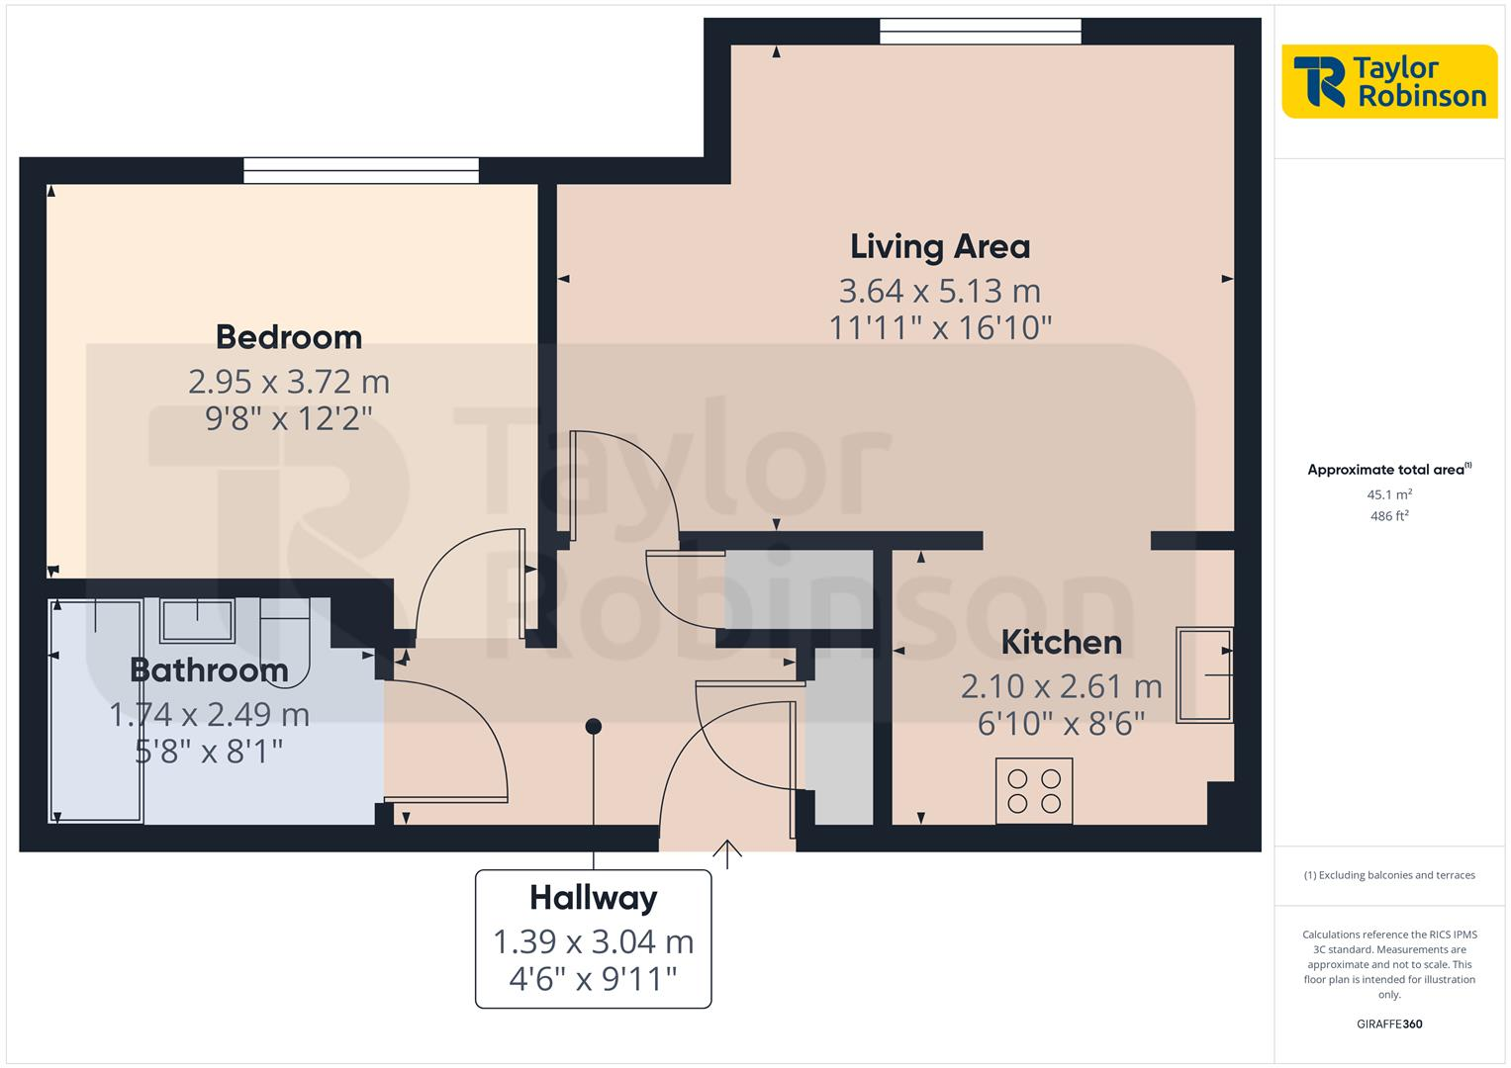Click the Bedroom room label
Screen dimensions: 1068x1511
pos(288,337)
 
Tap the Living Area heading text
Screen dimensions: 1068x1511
pos(939,246)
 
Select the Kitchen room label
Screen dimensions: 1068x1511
pos(1061,643)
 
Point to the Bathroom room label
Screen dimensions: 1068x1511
pos(209,670)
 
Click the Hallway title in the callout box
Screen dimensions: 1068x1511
pos(593,898)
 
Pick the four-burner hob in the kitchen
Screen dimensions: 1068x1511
pos(1033,790)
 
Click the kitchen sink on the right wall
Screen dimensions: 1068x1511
pos(1204,674)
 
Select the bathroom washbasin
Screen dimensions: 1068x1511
pos(198,621)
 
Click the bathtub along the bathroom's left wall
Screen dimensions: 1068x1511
pos(96,710)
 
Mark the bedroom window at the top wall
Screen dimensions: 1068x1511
pos(361,171)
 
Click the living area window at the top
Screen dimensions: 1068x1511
pos(980,32)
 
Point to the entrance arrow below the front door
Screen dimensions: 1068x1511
pos(727,853)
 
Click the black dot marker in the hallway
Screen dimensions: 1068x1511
pos(593,727)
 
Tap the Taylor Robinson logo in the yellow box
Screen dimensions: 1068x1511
pos(1389,81)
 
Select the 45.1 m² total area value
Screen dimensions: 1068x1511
pos(1388,494)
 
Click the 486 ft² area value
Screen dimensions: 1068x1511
pos(1388,516)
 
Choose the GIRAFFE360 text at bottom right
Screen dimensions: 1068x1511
pos(1388,1023)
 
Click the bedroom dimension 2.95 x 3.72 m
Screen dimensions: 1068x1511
pos(288,382)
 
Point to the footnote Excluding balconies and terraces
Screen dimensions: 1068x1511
pos(1388,875)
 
